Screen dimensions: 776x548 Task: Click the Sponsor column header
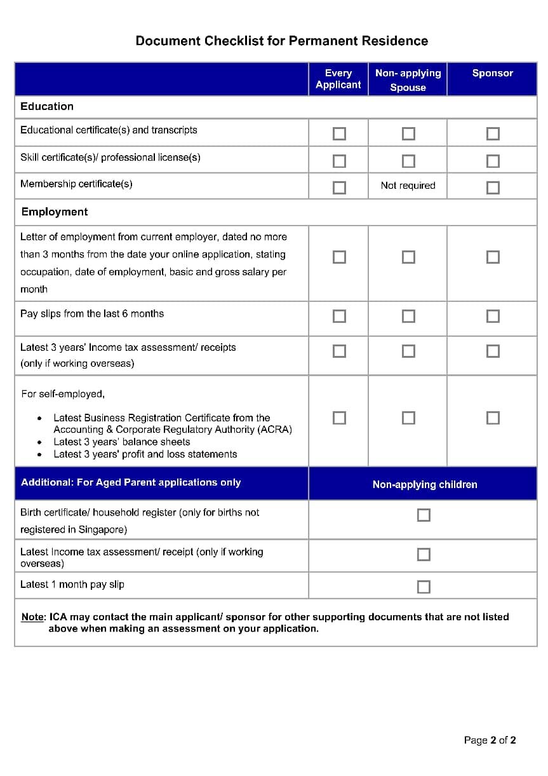point(492,73)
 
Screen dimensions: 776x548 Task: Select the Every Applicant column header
point(338,79)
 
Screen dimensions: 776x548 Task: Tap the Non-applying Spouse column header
point(408,80)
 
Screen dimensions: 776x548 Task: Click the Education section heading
point(47,106)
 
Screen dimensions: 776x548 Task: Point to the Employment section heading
point(55,212)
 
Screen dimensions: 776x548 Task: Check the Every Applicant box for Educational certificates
point(340,133)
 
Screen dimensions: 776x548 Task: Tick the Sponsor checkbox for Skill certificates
point(493,161)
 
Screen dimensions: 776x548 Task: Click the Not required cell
point(408,186)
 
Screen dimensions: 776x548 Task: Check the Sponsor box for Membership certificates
point(493,187)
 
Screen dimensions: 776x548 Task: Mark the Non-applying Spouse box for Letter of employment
point(408,257)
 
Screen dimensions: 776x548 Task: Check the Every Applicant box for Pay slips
point(340,316)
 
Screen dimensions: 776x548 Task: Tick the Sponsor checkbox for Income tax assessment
point(493,351)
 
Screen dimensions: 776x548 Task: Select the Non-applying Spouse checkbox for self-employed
point(408,418)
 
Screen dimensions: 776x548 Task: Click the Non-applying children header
point(425,484)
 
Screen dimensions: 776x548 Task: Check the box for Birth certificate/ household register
point(424,515)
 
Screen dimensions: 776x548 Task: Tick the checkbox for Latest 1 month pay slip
point(424,587)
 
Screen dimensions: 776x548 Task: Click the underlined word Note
point(33,617)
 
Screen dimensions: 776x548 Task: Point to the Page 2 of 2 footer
point(490,740)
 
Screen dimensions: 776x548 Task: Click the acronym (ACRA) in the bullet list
point(275,430)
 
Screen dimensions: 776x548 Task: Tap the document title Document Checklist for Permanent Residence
point(282,41)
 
